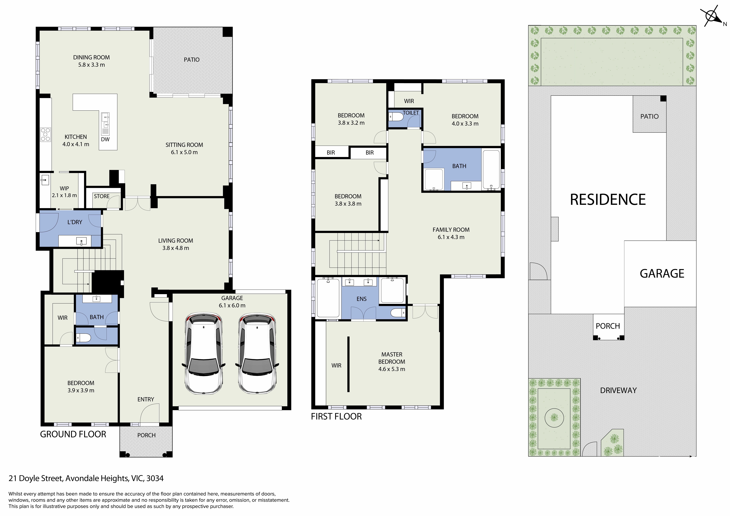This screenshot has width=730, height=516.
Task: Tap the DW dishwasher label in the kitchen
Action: [105, 139]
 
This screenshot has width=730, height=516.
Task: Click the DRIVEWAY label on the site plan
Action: [618, 390]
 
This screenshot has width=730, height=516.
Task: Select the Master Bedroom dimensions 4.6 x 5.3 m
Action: [392, 369]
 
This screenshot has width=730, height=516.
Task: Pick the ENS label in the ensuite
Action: [361, 299]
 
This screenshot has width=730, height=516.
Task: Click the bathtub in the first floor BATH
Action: [491, 169]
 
